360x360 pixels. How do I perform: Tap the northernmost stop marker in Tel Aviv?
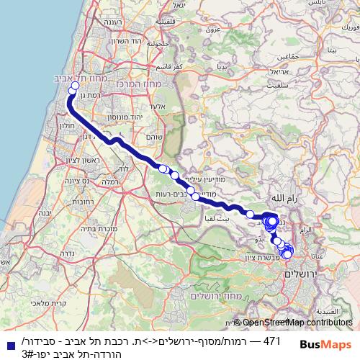click(73, 89)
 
